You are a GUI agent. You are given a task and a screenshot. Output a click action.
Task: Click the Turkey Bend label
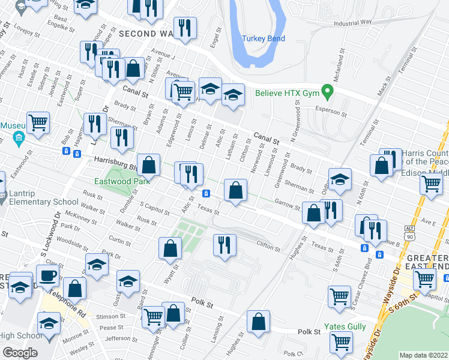[264, 38]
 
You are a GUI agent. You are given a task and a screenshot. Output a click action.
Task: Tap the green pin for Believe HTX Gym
[327, 93]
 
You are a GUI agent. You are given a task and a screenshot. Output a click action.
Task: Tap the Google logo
[20, 353]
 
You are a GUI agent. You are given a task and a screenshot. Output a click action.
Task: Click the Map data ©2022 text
[423, 355]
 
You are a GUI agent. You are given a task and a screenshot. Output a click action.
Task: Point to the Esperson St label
[331, 112]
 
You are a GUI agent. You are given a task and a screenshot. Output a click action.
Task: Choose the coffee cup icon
[47, 276]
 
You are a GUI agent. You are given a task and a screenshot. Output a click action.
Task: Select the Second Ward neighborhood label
[148, 34]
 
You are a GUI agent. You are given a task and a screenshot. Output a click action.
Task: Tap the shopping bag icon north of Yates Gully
[258, 322]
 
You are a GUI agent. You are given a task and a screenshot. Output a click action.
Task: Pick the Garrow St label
[287, 205]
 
